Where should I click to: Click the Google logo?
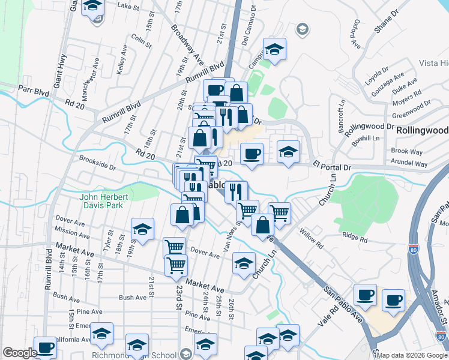(x=20, y=353)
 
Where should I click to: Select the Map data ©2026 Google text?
(x=412, y=355)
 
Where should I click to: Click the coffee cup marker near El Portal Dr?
(x=252, y=153)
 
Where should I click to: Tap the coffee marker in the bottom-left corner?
(x=45, y=347)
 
